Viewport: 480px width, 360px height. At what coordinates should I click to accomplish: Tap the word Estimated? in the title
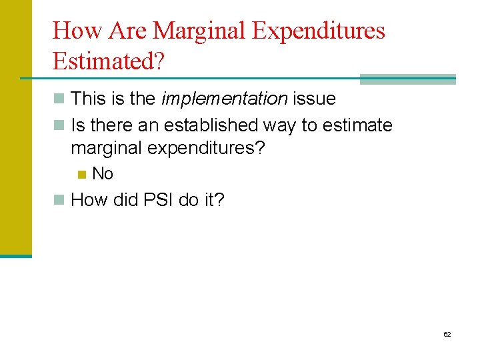[x=110, y=61]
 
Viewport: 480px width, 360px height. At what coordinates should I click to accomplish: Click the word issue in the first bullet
[x=314, y=99]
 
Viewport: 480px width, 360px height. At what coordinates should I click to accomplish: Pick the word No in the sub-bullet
[x=103, y=174]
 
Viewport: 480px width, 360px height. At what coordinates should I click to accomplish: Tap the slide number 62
[x=447, y=334]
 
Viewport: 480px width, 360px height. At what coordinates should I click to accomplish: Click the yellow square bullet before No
[x=81, y=175]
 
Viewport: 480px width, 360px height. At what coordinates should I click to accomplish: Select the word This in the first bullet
[x=87, y=99]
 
